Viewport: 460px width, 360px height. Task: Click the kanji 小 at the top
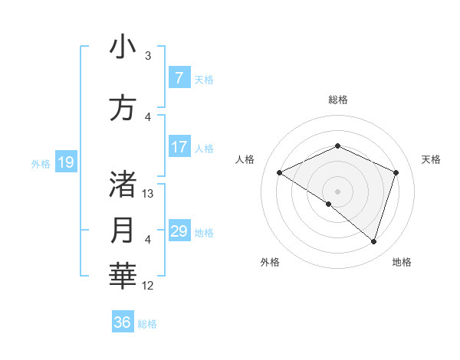tap(123, 47)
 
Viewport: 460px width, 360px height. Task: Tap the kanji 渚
tap(123, 185)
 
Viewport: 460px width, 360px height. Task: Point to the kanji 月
tap(123, 230)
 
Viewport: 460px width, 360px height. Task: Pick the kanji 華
tap(123, 276)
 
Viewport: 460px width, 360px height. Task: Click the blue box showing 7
tap(179, 78)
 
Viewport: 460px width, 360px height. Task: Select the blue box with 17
tap(179, 147)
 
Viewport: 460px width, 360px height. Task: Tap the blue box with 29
tap(179, 231)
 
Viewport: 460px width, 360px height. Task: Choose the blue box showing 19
tap(66, 162)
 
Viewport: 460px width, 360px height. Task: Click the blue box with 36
tap(123, 322)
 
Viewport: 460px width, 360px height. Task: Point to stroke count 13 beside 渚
tap(149, 194)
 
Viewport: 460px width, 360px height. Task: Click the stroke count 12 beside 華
tap(149, 286)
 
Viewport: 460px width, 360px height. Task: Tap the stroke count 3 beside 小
tap(148, 56)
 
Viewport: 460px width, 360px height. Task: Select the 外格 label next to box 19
tap(41, 163)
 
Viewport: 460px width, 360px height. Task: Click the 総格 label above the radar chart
tap(337, 100)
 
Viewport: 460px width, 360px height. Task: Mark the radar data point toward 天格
tap(396, 172)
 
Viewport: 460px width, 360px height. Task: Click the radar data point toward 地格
tap(374, 242)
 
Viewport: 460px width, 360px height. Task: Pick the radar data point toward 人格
tap(280, 172)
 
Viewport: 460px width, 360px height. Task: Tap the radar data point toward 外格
tap(329, 205)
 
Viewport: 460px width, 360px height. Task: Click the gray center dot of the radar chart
tap(337, 191)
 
